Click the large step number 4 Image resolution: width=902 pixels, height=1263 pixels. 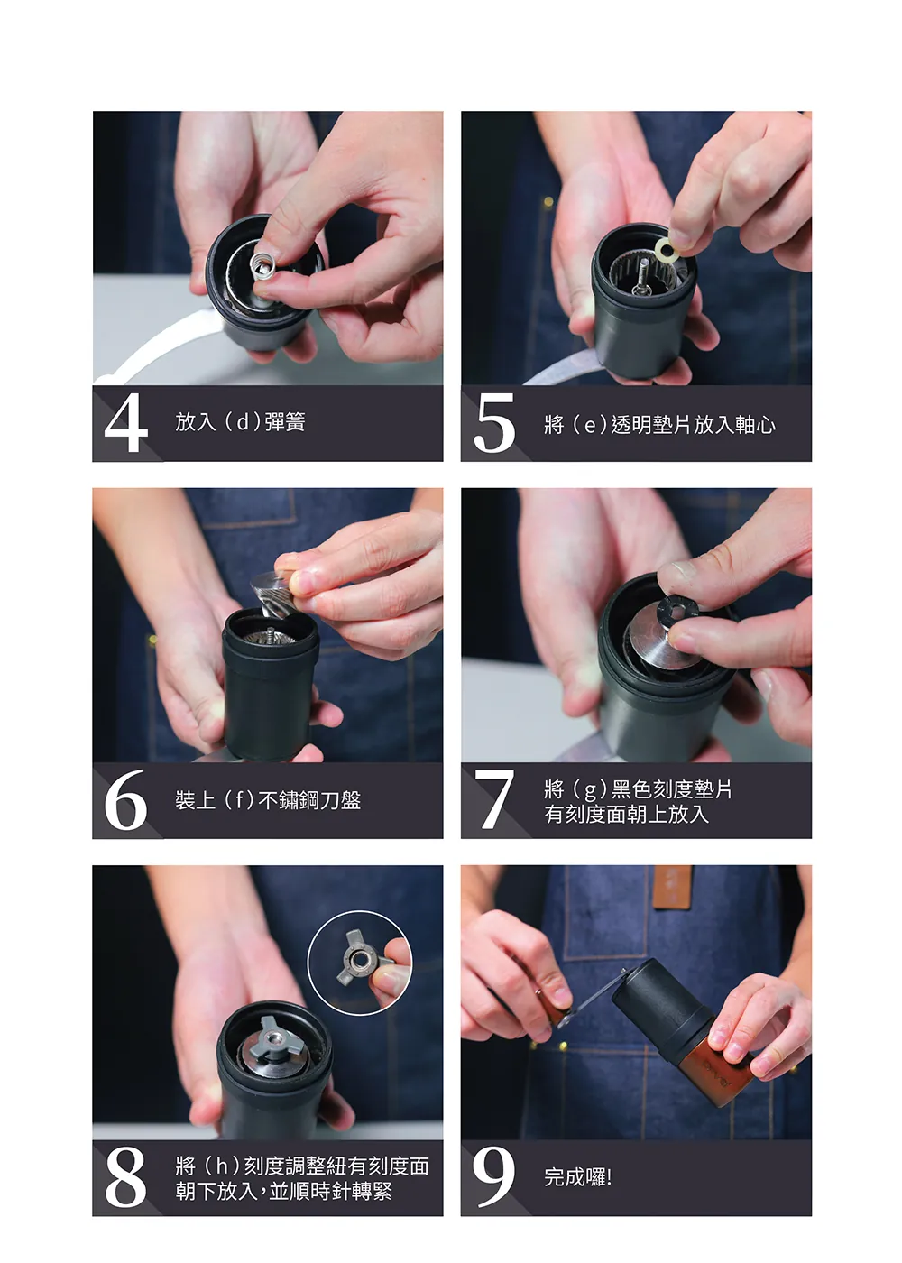(125, 422)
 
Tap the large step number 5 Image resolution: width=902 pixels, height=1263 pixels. (494, 422)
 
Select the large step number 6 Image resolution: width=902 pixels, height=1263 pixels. (125, 799)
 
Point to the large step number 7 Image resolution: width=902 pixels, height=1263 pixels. (494, 799)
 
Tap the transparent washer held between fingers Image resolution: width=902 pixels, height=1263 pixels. (667, 249)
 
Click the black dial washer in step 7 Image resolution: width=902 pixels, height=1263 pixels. (678, 610)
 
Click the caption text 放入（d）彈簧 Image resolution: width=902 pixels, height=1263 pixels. (240, 422)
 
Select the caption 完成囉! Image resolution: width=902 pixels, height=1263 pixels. (578, 1177)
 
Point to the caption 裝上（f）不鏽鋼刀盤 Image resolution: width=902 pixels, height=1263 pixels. (267, 799)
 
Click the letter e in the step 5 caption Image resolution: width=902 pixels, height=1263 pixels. (590, 426)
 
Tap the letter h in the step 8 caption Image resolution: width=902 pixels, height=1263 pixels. (221, 1166)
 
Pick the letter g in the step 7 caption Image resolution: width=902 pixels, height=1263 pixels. (590, 791)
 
